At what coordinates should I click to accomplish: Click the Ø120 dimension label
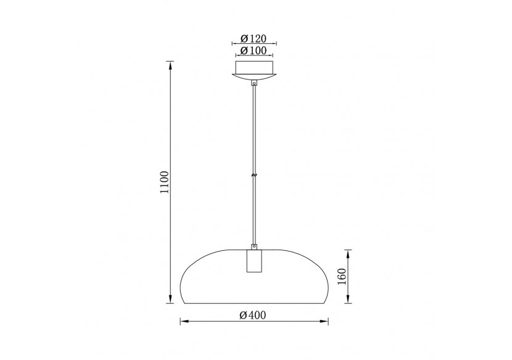[254, 38]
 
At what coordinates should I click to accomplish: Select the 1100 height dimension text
[164, 182]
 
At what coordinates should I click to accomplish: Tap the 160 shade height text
[341, 276]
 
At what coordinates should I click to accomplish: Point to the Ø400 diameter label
[253, 316]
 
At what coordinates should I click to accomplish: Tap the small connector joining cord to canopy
[254, 83]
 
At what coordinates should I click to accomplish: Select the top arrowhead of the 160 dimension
[349, 252]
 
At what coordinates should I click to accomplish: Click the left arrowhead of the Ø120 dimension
[233, 44]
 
